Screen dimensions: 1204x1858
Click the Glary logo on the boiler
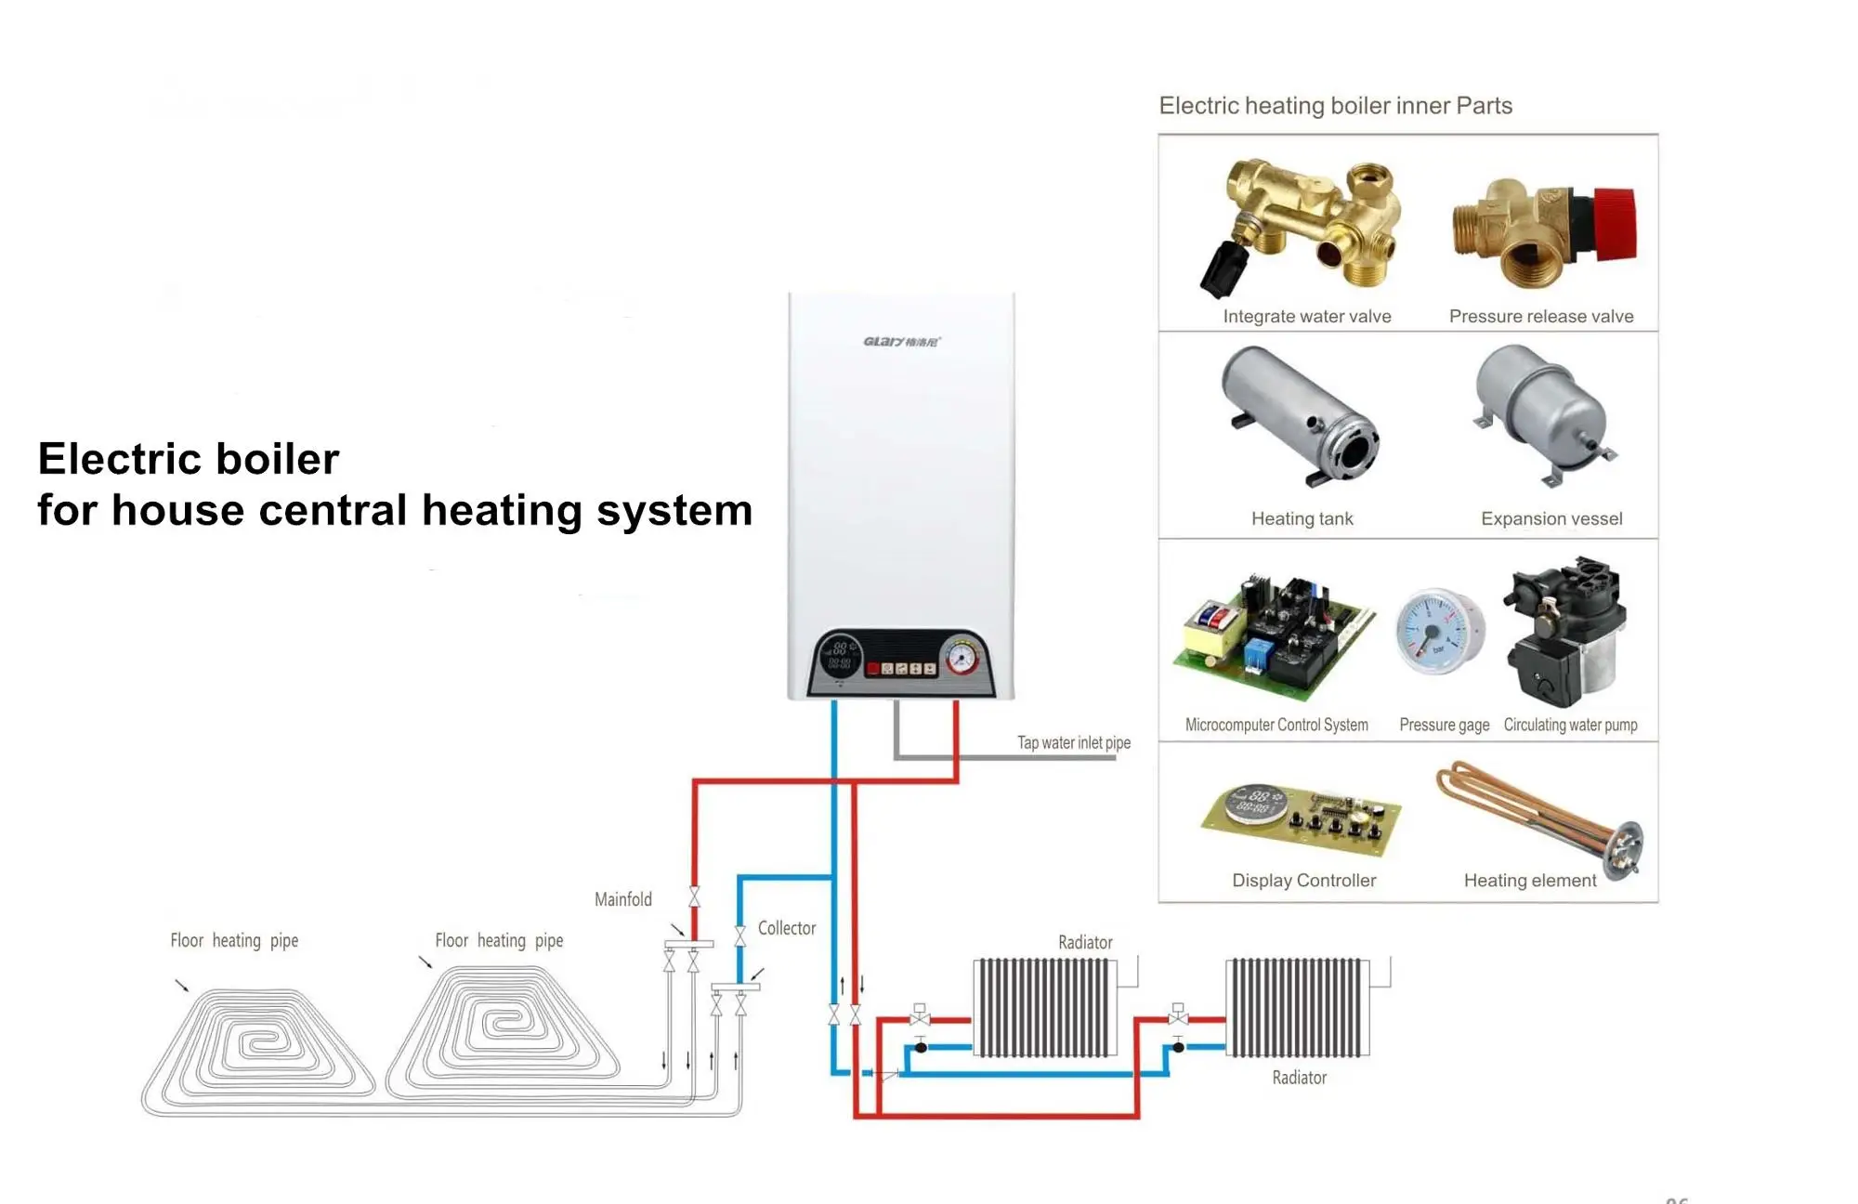[900, 342]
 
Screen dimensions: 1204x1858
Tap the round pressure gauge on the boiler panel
[961, 658]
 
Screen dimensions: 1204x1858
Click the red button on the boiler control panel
[872, 668]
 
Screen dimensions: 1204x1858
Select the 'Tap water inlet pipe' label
[1073, 742]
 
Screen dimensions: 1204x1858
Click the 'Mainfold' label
[622, 899]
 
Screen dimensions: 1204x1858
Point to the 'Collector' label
[786, 928]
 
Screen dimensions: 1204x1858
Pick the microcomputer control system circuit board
[1273, 636]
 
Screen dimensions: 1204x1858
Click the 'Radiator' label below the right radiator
[1299, 1078]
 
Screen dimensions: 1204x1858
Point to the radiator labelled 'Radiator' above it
[1044, 1008]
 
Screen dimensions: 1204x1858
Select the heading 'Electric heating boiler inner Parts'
[1335, 106]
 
